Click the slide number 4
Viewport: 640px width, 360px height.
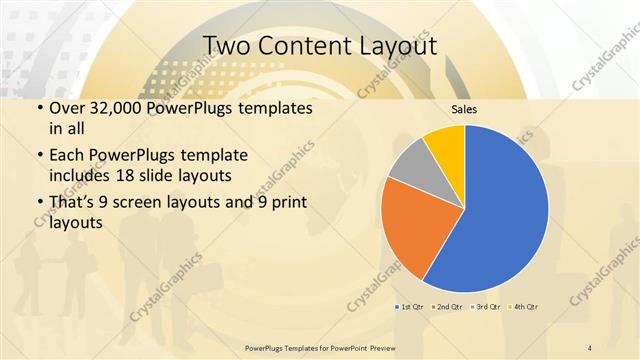(x=590, y=346)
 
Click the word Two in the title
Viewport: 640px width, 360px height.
(x=227, y=46)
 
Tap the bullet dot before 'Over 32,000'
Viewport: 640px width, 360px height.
(x=39, y=108)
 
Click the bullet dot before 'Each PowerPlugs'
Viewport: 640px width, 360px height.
(x=39, y=157)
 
